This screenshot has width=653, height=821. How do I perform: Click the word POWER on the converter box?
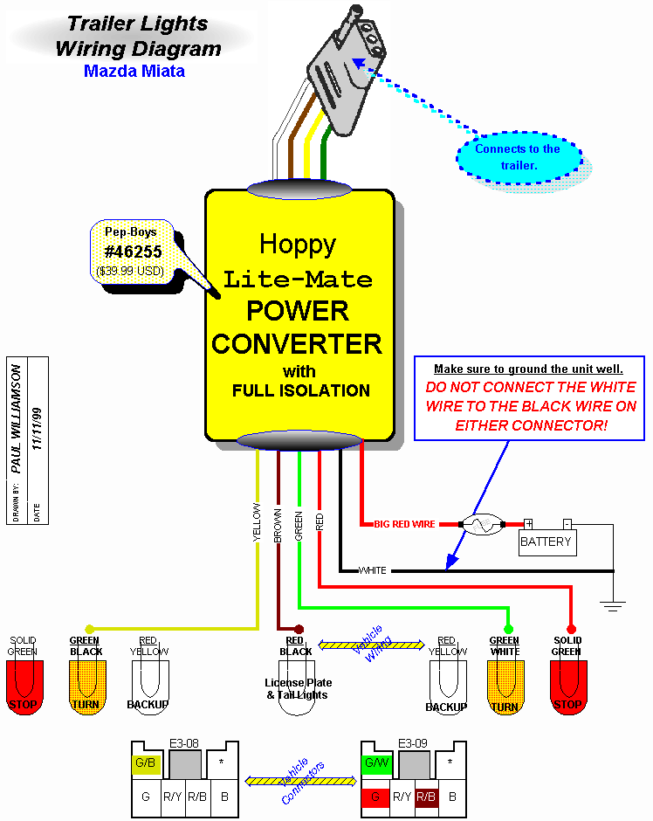pos(298,310)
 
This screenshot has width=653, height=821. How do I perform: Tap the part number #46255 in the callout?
pos(133,252)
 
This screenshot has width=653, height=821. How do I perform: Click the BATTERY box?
pos(546,542)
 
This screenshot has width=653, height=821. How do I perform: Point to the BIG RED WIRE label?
pos(404,524)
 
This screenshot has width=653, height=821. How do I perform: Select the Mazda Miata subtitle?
pos(134,71)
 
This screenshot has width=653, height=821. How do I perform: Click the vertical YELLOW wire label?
pos(258,522)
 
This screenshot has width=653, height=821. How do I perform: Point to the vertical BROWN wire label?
pos(278,527)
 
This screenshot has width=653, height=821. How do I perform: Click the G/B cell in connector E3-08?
pos(144,763)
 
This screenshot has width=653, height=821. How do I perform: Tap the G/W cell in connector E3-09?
pos(376,763)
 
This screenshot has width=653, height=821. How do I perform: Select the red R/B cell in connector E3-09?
pos(427,796)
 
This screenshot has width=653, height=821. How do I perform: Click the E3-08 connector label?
pos(188,743)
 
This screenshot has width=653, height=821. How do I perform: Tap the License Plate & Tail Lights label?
pos(299,688)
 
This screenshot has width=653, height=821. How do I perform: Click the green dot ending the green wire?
pos(507,628)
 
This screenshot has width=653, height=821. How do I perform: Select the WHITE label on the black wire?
pos(373,570)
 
